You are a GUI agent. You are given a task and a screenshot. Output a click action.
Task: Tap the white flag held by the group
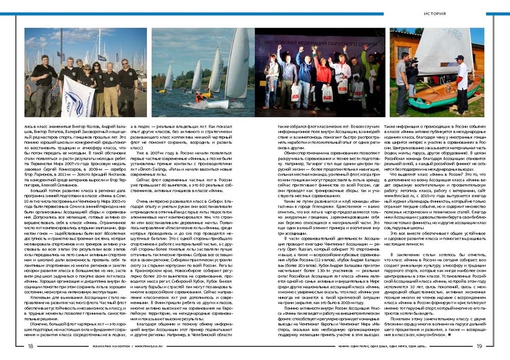click(x=78, y=96)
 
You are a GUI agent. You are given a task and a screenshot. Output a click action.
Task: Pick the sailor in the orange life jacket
click(x=200, y=97)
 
